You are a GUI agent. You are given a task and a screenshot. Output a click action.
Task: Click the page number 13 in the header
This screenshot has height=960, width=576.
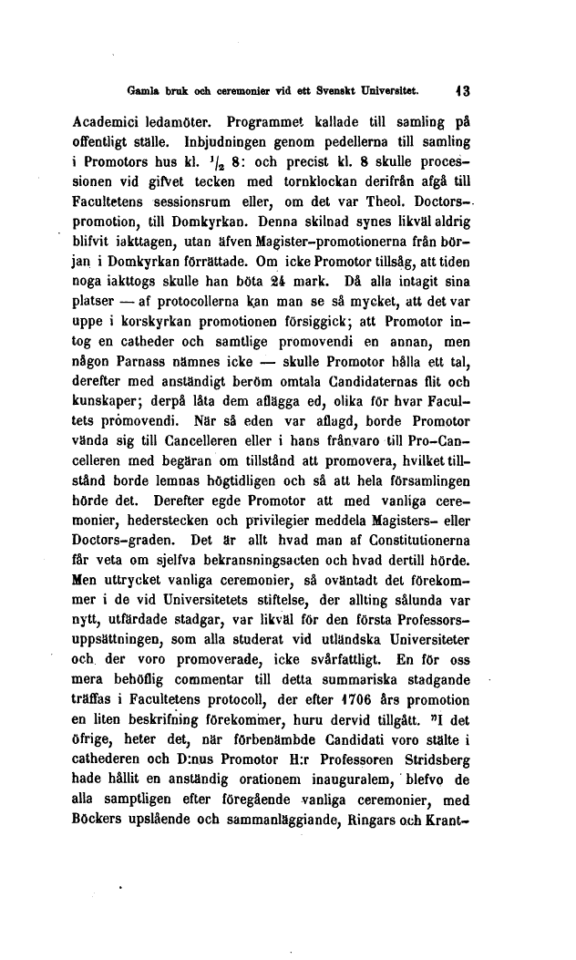pos(463,90)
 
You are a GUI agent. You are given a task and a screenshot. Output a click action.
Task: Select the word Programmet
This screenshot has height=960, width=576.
pos(273,122)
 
